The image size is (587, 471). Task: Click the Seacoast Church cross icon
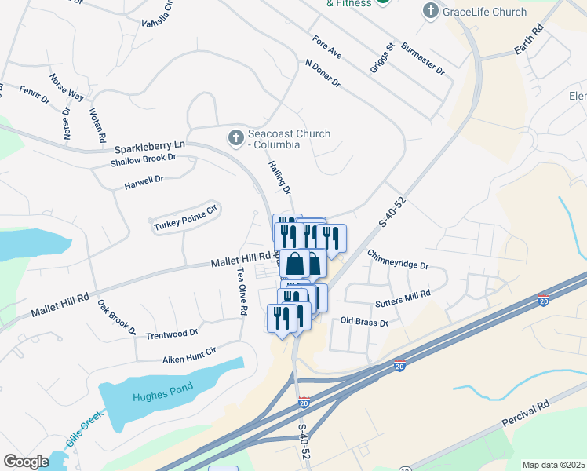(x=235, y=139)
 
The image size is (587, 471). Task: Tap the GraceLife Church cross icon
(x=430, y=12)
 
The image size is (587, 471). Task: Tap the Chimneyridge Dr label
(x=398, y=260)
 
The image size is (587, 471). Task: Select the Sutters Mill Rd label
(x=403, y=298)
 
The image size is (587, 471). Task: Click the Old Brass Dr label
(x=364, y=323)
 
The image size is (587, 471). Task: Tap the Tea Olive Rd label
(x=242, y=292)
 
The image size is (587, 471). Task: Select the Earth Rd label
(x=528, y=40)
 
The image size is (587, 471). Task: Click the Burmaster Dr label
(x=424, y=59)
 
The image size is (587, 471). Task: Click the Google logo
(x=26, y=462)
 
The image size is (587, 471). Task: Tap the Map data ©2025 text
(x=553, y=465)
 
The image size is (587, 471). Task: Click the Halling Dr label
(x=280, y=179)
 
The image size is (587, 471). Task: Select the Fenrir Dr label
(x=34, y=95)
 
